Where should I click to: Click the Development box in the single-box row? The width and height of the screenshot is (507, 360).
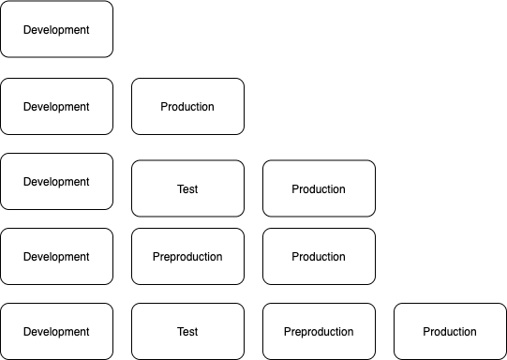point(56,29)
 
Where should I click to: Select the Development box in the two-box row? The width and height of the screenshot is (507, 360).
point(56,106)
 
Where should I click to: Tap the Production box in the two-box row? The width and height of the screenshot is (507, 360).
point(187,106)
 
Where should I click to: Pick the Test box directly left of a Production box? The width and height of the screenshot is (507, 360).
point(187,188)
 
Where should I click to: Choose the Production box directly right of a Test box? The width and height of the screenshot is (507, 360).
point(319,188)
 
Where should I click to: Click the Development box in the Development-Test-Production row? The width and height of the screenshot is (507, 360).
point(56,181)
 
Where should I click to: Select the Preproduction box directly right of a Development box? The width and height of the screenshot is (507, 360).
point(187,256)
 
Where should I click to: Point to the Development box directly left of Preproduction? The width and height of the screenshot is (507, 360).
point(56,256)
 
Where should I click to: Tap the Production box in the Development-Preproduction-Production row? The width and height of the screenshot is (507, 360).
point(319,256)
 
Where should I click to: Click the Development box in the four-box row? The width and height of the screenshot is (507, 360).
point(56,331)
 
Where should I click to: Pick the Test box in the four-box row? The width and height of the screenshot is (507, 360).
point(187,331)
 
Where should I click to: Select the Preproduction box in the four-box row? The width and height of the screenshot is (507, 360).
point(319,331)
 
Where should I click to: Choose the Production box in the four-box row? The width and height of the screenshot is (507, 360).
point(450,331)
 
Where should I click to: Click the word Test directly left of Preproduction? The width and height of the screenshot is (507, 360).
point(187,332)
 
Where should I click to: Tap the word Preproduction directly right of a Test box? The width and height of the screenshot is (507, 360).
point(319,332)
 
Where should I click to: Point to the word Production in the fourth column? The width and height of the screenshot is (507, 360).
point(450,332)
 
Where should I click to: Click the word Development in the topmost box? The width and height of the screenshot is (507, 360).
point(56,30)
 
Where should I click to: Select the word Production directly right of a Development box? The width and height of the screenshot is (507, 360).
point(187,107)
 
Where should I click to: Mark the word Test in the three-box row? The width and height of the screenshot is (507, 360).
point(187,189)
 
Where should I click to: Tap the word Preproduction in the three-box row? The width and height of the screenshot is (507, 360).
point(187,257)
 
